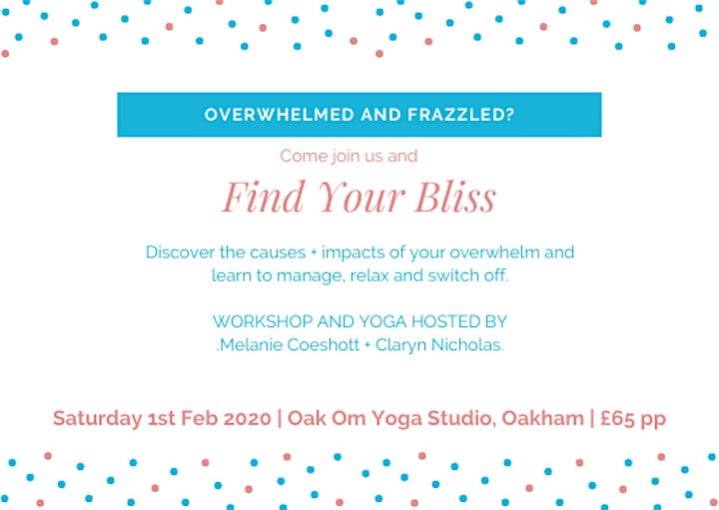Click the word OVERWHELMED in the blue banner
coord(280,115)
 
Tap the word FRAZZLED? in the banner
coord(460,115)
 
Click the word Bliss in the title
coord(455,197)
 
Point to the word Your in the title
coord(360,197)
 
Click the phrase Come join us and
coord(349,157)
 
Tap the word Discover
coord(180,253)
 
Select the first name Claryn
coord(400,345)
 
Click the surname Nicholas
coord(467,344)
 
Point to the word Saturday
coord(97,419)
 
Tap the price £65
coord(615,418)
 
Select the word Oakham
coord(542,418)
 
